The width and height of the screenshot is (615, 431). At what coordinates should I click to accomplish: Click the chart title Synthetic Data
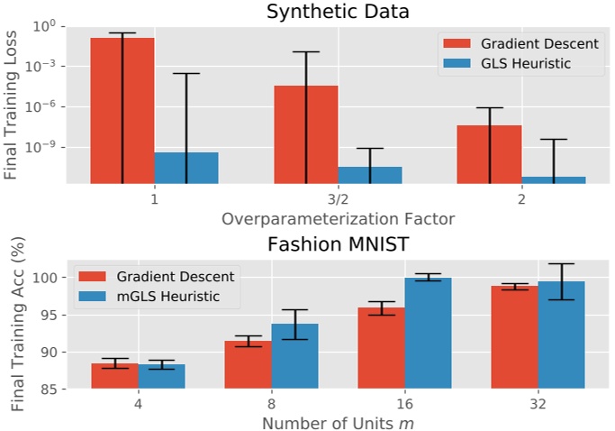pos(337,12)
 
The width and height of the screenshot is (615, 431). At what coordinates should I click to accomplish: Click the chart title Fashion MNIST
pos(337,243)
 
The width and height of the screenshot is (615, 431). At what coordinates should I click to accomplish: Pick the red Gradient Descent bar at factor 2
pos(490,153)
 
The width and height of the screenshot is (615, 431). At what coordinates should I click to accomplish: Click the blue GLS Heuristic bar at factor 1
pos(186,168)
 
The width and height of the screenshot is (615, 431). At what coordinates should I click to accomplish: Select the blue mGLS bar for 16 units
pos(428,333)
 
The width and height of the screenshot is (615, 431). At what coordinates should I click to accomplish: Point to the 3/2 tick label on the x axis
pos(337,198)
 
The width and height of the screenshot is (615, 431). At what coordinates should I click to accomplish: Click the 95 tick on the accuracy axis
pos(53,315)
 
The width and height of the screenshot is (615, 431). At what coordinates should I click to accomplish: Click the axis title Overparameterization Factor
pos(337,218)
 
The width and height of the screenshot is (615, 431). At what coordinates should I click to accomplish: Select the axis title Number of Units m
pos(337,421)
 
